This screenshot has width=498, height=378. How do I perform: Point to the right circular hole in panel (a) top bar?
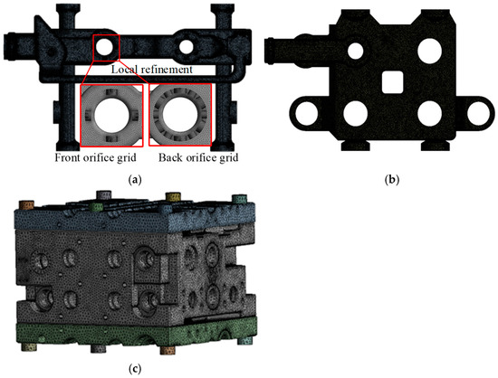187,44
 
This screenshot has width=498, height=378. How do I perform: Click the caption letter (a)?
135,179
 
